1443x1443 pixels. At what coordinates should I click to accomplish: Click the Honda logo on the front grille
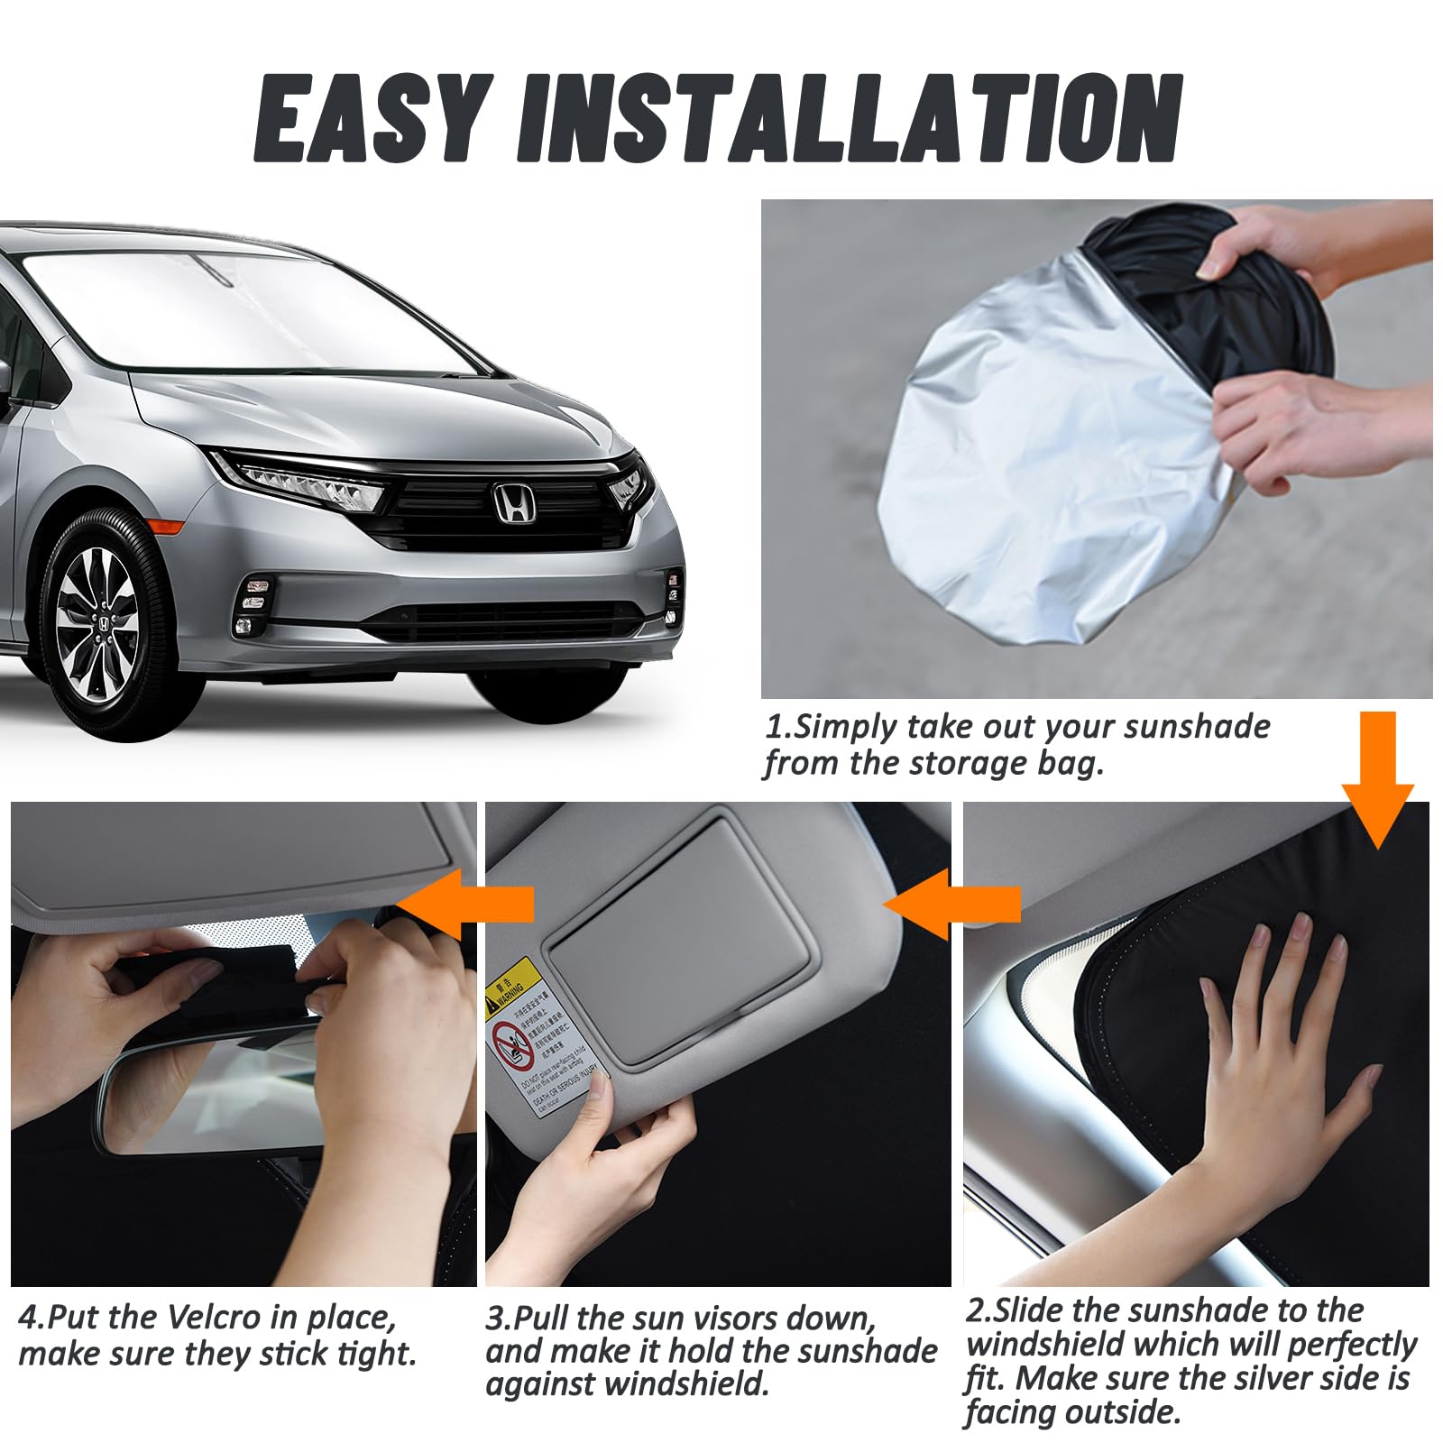point(514,502)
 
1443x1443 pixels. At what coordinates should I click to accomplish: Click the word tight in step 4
point(377,1355)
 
